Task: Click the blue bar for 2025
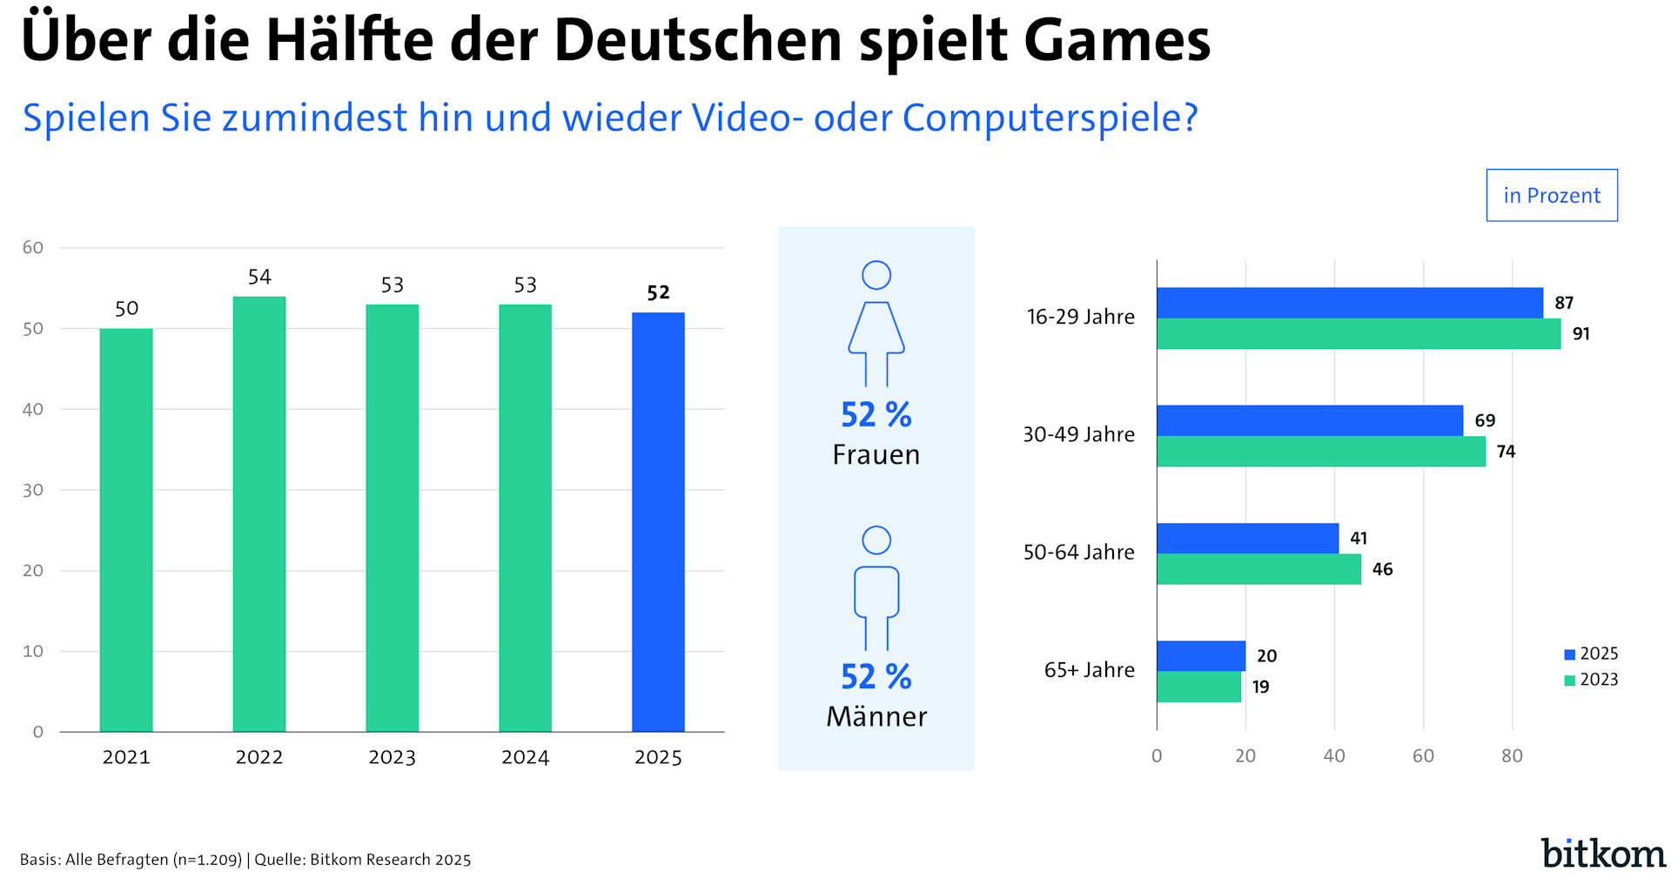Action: (x=658, y=522)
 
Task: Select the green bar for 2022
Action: (x=259, y=513)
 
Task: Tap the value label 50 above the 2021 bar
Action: (x=126, y=309)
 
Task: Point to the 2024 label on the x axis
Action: (x=525, y=757)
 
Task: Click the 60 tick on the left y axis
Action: (x=33, y=248)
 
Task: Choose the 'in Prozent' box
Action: (x=1551, y=195)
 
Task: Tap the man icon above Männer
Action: (x=876, y=588)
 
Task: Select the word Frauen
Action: (x=876, y=455)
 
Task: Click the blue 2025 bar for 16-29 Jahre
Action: (x=1349, y=303)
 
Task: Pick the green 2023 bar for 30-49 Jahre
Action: (x=1320, y=452)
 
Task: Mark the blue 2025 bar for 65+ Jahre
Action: (x=1201, y=655)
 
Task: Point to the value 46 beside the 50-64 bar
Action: (x=1382, y=569)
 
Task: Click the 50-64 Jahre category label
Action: (x=1078, y=553)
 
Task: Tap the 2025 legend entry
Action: (x=1591, y=653)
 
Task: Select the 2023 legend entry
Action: (x=1591, y=680)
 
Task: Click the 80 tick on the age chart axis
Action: (x=1512, y=756)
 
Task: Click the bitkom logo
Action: (x=1602, y=854)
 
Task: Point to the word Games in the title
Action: (x=1117, y=41)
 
